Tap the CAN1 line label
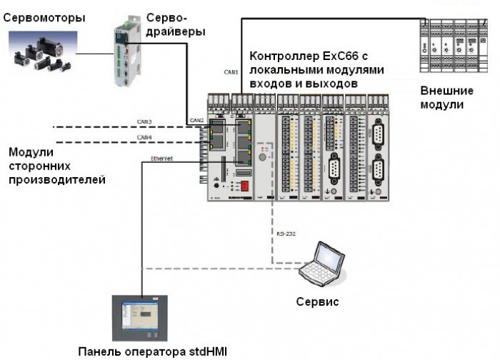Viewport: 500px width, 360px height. pos(231,72)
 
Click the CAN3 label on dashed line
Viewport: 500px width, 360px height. pos(145,122)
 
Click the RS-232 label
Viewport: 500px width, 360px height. pos(285,233)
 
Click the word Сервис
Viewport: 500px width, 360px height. pos(317,301)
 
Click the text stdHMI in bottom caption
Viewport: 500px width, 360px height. pos(202,351)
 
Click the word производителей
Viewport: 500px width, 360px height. pos(56,179)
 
